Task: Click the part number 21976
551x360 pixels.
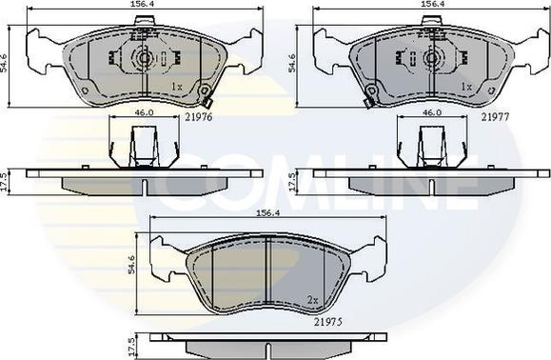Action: click(x=199, y=117)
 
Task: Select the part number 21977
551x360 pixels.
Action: click(x=495, y=117)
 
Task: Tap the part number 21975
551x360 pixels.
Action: click(x=328, y=322)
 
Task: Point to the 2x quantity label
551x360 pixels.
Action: click(x=312, y=300)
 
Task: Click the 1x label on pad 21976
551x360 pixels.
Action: click(x=177, y=87)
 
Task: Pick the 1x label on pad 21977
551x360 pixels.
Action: click(x=466, y=87)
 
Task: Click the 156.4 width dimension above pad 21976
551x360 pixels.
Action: click(x=144, y=4)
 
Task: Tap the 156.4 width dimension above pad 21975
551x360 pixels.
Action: click(x=268, y=213)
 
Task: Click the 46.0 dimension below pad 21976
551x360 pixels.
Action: click(x=145, y=112)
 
